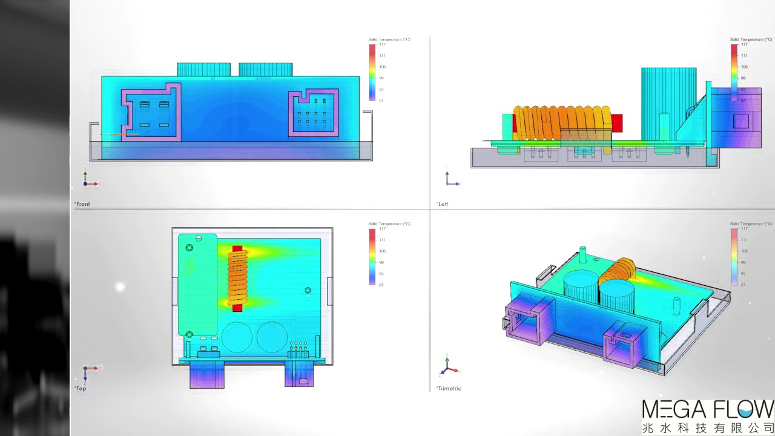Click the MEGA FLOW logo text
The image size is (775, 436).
point(707,409)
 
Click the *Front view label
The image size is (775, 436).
point(82,204)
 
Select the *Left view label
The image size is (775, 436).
point(442,204)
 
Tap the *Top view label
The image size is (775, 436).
point(81,388)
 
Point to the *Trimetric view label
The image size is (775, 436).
point(449,388)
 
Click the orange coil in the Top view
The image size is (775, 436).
point(237,278)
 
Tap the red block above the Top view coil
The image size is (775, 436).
point(237,249)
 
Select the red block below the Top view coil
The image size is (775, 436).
point(237,308)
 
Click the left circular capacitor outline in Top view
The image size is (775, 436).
point(236,337)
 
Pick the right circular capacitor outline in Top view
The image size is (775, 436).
point(272,337)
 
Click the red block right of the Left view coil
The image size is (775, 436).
point(617,123)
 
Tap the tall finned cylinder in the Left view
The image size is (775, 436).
point(668,103)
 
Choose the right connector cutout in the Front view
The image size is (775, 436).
point(313,113)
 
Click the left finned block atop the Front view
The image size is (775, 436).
point(203,69)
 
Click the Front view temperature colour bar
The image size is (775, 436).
point(372,72)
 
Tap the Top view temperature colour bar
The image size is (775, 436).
point(372,257)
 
